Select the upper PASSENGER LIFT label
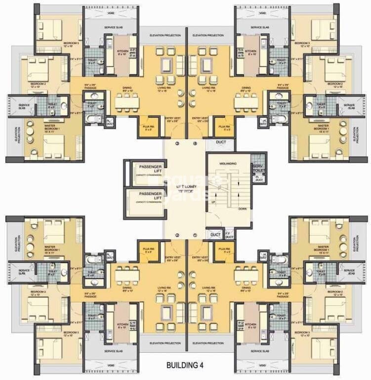(150, 168)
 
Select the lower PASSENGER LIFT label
(150, 195)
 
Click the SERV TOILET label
(257, 168)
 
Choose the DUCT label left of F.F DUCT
(215, 235)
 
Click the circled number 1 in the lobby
(195, 235)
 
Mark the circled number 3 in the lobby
(195, 143)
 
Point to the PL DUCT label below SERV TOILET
(257, 179)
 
